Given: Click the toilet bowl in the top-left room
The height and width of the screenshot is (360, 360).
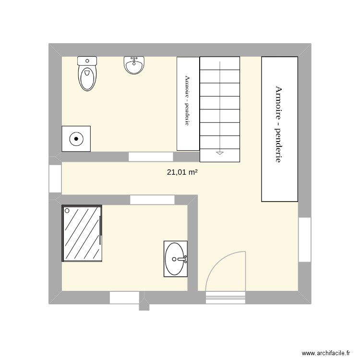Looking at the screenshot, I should [x=87, y=78].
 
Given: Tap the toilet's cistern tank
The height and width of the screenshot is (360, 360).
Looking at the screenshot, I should [x=87, y=60].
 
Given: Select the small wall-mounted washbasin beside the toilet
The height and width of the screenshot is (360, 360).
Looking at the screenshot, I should [x=134, y=65].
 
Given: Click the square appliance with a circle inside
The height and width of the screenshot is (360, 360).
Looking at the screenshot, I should [x=76, y=139].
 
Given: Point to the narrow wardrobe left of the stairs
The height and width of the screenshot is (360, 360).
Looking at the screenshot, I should [x=188, y=103].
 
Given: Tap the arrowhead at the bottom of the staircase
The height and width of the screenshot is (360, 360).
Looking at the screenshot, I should [x=220, y=153].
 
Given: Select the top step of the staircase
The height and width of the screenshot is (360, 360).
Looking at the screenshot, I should [x=220, y=63].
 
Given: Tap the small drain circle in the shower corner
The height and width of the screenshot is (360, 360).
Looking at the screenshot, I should [x=67, y=210].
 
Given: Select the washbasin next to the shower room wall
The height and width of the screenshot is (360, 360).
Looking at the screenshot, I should [x=175, y=259].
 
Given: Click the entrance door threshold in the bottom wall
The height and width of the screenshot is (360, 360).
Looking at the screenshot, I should [x=226, y=298].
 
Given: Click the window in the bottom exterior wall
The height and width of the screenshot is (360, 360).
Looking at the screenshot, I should [x=124, y=298].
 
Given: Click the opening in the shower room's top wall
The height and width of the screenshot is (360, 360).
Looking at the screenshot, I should [x=152, y=200].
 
